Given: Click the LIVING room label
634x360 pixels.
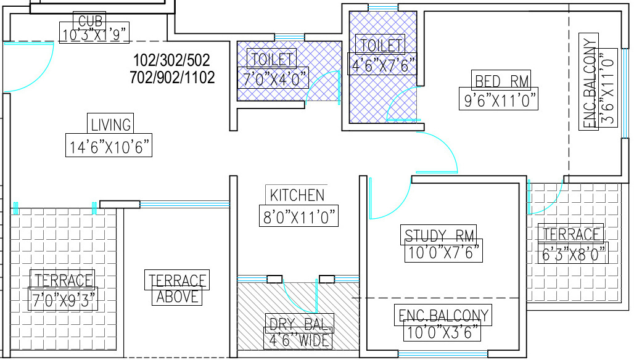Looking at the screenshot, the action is (x=111, y=125).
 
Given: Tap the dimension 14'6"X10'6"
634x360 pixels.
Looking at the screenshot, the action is (x=109, y=146).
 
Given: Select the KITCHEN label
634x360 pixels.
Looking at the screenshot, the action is (x=297, y=195).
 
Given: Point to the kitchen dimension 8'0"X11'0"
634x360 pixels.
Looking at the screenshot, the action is (x=299, y=217).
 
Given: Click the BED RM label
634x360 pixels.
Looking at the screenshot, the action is (x=502, y=81).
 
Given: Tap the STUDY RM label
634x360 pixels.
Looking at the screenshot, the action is (x=439, y=235).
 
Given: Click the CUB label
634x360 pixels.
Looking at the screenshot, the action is (x=90, y=20).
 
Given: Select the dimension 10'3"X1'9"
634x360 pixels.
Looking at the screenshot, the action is (x=94, y=35).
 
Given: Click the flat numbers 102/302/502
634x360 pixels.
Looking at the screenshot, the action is (x=172, y=60).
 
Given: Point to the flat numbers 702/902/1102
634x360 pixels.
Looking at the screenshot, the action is (x=172, y=77).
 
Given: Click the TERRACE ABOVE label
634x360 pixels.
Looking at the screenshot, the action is (x=177, y=288).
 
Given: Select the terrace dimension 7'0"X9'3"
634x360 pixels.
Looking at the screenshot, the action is (x=63, y=300).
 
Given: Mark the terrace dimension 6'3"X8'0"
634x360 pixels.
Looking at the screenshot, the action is (x=574, y=254).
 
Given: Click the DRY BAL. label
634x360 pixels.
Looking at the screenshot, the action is (x=300, y=324).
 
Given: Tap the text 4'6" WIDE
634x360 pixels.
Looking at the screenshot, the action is (x=298, y=340).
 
